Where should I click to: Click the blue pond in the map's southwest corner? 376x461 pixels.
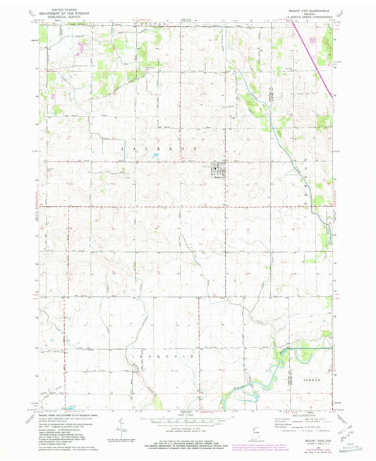(72, 408)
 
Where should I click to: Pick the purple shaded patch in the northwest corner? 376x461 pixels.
(82, 47)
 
